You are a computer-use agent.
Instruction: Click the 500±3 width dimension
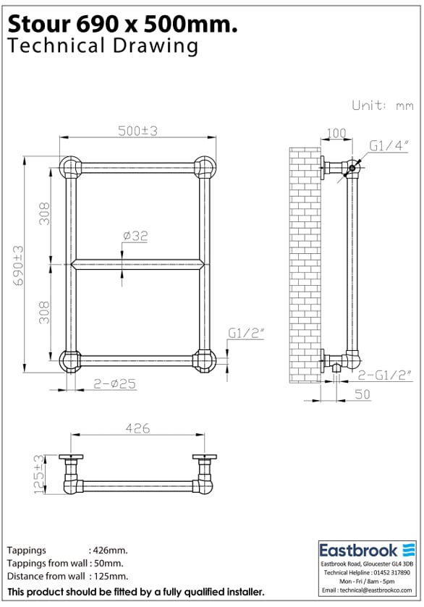pyautogui.click(x=139, y=130)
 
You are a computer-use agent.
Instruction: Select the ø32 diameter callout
pyautogui.click(x=135, y=236)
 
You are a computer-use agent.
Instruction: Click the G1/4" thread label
pyautogui.click(x=389, y=145)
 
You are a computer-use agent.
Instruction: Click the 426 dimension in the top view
pyautogui.click(x=137, y=428)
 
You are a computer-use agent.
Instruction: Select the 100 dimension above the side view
pyautogui.click(x=336, y=133)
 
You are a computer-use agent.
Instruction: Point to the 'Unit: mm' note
pyautogui.click(x=382, y=105)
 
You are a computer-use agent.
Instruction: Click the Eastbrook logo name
pyautogui.click(x=359, y=550)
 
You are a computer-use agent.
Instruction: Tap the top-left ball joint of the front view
pyautogui.click(x=70, y=167)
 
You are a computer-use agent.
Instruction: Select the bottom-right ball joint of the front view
pyautogui.click(x=204, y=360)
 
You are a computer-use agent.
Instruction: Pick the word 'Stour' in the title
pyautogui.click(x=36, y=25)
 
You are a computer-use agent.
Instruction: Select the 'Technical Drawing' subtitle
pyautogui.click(x=102, y=46)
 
